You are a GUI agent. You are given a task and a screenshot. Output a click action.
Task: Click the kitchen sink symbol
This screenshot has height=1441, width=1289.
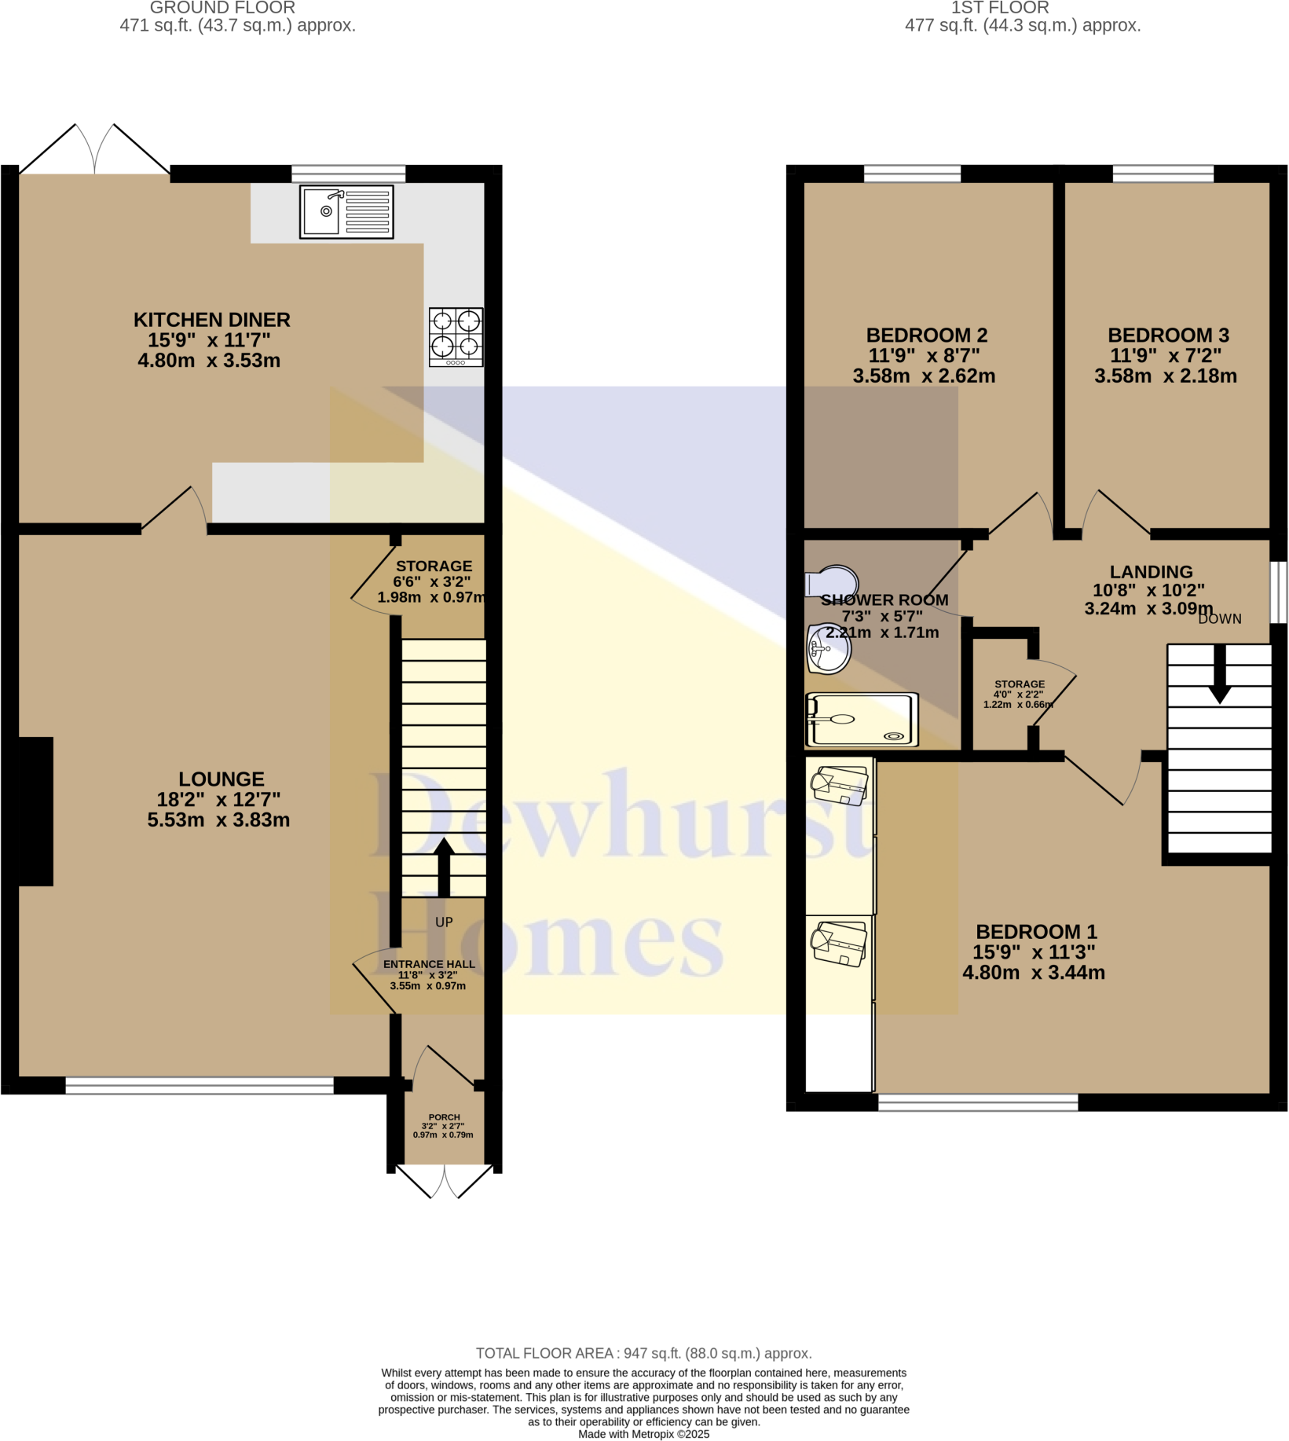coord(346,212)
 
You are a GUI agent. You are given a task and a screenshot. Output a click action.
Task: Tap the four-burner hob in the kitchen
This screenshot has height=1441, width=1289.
coord(456,337)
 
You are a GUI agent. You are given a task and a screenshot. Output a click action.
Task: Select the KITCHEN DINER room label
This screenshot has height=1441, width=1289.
coord(211,320)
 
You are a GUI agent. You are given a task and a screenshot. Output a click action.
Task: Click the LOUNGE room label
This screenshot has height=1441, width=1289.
coord(221,779)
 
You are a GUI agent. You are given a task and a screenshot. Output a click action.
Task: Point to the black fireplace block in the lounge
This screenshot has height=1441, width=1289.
coord(35,811)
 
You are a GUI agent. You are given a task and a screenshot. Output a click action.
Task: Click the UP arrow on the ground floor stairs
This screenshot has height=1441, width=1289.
coord(444,866)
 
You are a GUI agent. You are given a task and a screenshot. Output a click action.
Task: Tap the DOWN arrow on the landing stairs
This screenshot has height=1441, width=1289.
coord(1219,674)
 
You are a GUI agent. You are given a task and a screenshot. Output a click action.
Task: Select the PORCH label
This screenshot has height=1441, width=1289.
coord(444,1116)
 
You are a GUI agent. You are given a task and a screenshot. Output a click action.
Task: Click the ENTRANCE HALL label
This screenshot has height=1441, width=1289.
coord(429,964)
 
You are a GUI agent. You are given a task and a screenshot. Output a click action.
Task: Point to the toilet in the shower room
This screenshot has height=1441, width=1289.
coord(832,582)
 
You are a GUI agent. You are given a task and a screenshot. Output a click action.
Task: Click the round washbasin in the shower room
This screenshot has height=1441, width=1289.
coord(829,649)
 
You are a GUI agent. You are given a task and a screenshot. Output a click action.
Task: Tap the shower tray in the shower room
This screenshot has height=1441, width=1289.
coord(862,719)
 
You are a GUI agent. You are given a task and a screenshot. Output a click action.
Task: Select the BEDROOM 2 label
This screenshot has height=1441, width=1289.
coord(926,335)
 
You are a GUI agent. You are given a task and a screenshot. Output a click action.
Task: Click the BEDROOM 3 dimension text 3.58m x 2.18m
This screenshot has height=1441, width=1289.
coord(1165,376)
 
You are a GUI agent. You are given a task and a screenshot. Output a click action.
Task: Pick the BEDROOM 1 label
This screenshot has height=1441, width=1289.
coord(1035,932)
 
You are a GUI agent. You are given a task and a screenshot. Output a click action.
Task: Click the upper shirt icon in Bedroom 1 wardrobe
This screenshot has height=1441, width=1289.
coord(840,786)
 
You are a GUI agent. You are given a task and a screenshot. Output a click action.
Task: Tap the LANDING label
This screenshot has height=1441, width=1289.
coord(1151,572)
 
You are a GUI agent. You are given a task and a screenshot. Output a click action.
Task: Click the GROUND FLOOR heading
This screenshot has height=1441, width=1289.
coord(222,8)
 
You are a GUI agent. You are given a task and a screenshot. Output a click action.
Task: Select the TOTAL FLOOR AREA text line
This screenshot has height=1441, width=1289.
coord(643,1353)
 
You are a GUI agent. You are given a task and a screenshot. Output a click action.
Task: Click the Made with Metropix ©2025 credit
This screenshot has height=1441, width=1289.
coord(643,1434)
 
